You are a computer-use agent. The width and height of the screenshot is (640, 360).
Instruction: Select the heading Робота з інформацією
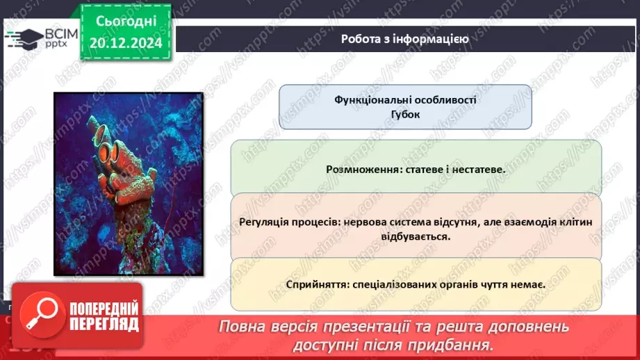[404, 39]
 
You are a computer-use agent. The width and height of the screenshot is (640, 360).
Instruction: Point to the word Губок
[405, 115]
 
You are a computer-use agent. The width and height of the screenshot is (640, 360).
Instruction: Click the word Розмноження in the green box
[361, 169]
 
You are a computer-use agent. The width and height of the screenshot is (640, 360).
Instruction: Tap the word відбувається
[416, 236]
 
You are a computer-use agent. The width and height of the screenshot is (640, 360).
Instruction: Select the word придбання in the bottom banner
[461, 345]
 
